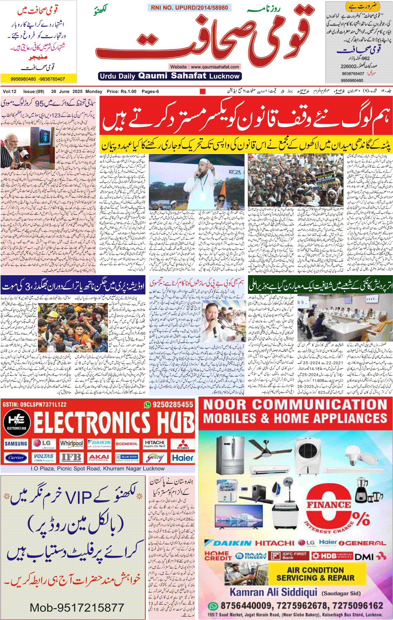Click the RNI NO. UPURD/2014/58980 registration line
(x=189, y=8)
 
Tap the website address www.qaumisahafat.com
(x=205, y=67)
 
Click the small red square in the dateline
(x=203, y=91)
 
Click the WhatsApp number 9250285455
(x=169, y=405)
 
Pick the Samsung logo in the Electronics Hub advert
(x=16, y=444)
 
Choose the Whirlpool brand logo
(x=71, y=444)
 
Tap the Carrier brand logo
(x=16, y=458)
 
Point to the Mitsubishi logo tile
(x=183, y=444)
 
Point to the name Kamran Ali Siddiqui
(x=273, y=592)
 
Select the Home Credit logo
(x=218, y=555)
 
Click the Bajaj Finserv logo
(x=250, y=556)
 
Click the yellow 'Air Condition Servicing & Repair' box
(x=315, y=573)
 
